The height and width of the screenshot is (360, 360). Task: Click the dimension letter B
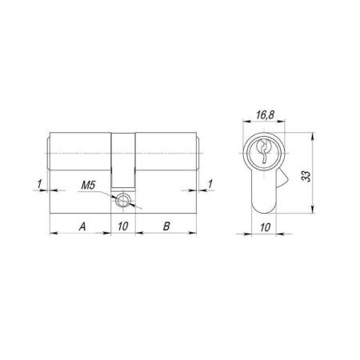[x=166, y=226]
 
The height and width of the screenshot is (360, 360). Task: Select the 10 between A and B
[x=122, y=226]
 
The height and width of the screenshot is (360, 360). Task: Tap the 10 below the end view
[x=265, y=226]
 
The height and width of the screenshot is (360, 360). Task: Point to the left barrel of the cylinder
[x=80, y=152]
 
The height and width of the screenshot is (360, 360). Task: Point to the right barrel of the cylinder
[x=166, y=152]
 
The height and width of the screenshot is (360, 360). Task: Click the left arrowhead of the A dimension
[x=54, y=233]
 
